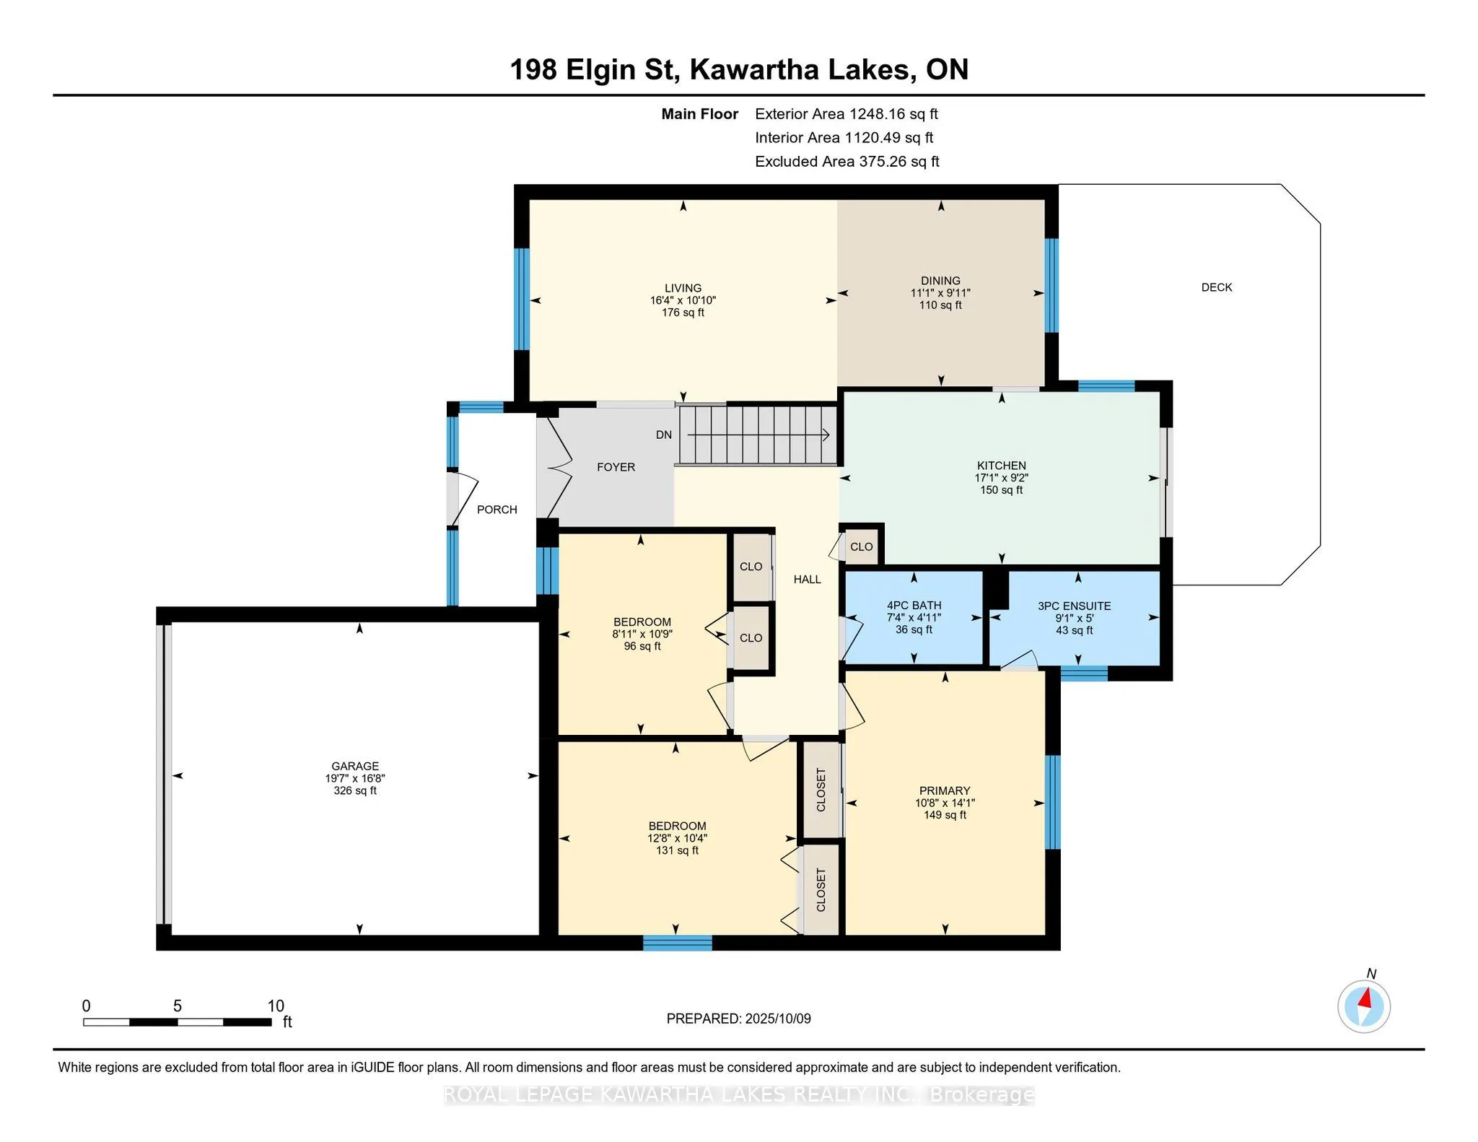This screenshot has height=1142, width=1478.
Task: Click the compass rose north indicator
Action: click(1364, 1006)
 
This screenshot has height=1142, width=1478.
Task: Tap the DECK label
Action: click(1217, 287)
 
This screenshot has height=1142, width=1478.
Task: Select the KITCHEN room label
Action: click(1002, 466)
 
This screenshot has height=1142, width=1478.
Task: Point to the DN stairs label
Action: click(664, 435)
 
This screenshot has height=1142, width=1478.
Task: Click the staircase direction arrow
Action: click(758, 435)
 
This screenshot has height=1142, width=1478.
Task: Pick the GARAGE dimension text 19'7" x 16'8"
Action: click(355, 778)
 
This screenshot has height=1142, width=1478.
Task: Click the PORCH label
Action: click(497, 510)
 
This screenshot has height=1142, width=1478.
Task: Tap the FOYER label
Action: click(616, 467)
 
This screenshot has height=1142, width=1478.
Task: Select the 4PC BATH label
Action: click(914, 606)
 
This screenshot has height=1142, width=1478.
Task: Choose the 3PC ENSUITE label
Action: click(1075, 606)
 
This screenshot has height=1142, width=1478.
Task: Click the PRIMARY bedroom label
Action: click(945, 790)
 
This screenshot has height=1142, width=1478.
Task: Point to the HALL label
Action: click(808, 579)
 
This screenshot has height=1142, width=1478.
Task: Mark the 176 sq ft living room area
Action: click(683, 313)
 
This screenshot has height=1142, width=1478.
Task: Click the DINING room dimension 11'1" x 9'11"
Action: click(940, 293)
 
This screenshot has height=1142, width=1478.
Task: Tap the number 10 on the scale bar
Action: click(276, 1006)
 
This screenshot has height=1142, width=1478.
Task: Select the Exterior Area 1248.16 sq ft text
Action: click(847, 114)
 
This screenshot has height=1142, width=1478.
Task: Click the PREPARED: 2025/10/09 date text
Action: click(739, 1019)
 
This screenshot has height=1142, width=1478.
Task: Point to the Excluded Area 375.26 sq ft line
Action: click(847, 162)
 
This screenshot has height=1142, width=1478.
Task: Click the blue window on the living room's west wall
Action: click(522, 299)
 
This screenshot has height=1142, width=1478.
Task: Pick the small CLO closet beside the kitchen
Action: click(861, 546)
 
